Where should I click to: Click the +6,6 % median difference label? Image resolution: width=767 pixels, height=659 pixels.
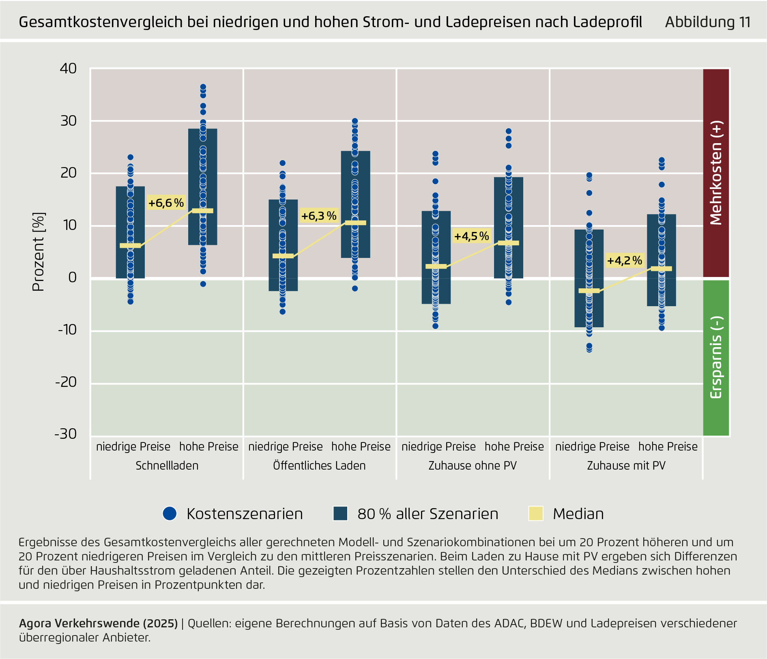(x=166, y=203)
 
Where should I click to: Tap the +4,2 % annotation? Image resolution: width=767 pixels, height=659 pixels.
(x=625, y=260)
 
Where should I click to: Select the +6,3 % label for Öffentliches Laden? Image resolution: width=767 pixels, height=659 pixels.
(x=319, y=216)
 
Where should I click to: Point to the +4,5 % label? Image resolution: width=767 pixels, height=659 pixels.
(x=472, y=236)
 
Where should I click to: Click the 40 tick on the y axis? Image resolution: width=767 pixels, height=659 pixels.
(x=68, y=69)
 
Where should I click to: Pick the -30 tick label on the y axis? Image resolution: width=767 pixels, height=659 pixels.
(x=66, y=434)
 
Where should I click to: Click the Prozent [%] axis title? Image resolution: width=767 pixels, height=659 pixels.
(x=39, y=251)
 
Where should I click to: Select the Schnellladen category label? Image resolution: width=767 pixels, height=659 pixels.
(x=167, y=466)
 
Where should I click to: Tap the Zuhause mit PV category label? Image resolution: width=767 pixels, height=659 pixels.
(x=626, y=466)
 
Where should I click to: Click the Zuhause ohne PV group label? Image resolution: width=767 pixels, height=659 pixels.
(x=473, y=466)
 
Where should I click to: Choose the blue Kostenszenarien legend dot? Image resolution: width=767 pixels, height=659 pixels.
(x=170, y=513)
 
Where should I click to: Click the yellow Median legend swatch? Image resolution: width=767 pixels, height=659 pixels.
(x=536, y=513)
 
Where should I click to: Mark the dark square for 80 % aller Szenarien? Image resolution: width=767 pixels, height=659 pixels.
(x=340, y=513)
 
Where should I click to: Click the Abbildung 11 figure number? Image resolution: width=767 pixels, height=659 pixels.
(x=707, y=22)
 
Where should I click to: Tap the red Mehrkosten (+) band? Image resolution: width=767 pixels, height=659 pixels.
(x=716, y=173)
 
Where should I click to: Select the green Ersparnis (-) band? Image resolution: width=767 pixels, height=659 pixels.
(x=716, y=357)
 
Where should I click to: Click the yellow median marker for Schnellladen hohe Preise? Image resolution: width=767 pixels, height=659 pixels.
(x=203, y=211)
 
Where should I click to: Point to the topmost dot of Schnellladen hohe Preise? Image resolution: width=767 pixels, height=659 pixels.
(x=203, y=87)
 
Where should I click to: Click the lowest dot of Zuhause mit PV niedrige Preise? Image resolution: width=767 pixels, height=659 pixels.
(x=589, y=349)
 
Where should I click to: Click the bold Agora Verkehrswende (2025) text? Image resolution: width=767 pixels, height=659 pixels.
(x=98, y=623)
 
